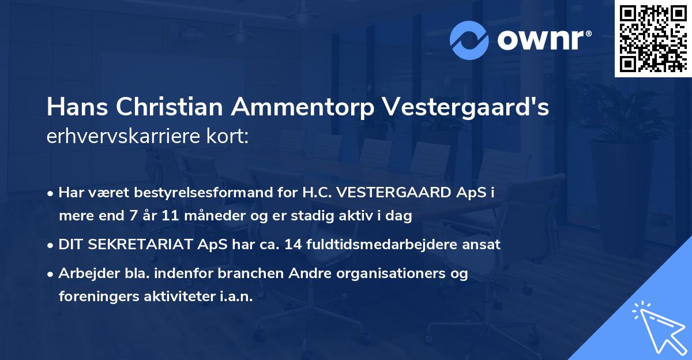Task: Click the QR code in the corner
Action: click(x=653, y=39)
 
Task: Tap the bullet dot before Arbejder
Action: click(x=51, y=274)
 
